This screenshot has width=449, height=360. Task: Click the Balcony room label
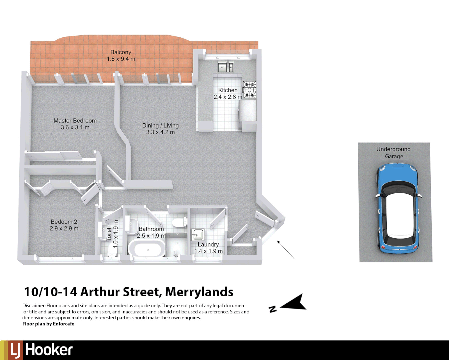tap(121, 52)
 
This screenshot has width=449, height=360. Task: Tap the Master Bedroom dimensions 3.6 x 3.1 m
tap(75, 128)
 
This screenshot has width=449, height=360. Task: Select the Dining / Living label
tap(160, 126)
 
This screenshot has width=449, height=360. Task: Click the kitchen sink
tap(226, 67)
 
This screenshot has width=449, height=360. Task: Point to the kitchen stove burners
tap(250, 89)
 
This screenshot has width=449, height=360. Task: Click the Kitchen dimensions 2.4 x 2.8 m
tap(228, 97)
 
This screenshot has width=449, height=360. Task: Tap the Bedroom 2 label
tap(64, 222)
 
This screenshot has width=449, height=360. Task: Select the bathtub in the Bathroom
tap(147, 249)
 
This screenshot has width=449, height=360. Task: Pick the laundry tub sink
tap(198, 235)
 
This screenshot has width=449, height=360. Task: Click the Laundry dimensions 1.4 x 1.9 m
tap(208, 251)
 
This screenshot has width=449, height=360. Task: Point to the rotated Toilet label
tap(109, 234)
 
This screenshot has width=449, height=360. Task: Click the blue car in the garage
tap(398, 209)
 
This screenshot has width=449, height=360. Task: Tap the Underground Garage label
tap(394, 153)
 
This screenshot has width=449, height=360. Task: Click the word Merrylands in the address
tap(199, 292)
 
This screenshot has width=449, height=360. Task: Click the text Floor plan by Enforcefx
tap(48, 324)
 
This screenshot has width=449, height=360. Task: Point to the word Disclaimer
tap(34, 306)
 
